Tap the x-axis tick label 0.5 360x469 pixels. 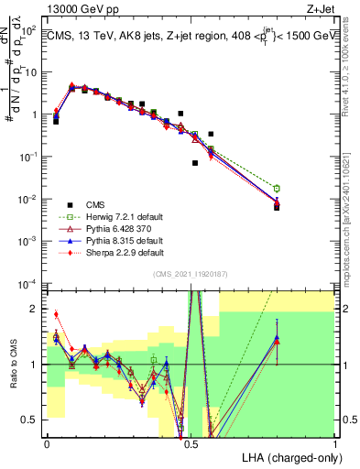point(191,442)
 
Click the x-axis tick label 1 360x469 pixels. point(334,442)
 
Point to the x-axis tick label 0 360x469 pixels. point(47,442)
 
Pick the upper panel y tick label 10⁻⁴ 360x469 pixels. point(29,284)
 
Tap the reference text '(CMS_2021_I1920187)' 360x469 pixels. point(191,274)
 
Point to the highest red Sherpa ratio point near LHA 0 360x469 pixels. point(56,314)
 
